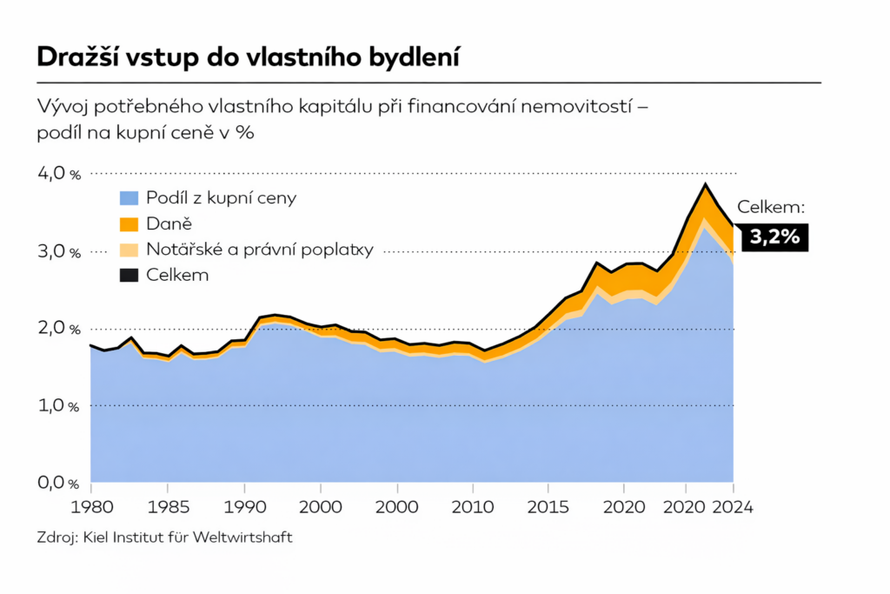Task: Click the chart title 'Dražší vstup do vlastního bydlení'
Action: pos(249,57)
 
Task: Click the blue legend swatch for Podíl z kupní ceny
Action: pos(129,198)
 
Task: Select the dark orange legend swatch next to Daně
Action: pos(129,224)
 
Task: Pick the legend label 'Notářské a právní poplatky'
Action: pos(259,250)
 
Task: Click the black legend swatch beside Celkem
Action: pos(129,276)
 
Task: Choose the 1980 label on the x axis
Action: pos(90,506)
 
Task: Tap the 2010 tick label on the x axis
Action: pos(474,506)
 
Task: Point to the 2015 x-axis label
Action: pos(548,506)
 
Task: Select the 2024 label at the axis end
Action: pos(734,506)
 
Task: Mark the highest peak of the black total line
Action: pos(706,184)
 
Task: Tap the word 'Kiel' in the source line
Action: pos(93,537)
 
